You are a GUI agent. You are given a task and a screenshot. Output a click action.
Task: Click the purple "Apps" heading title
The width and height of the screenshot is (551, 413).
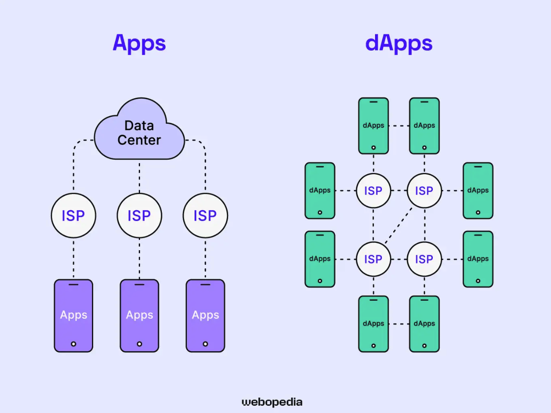click(139, 43)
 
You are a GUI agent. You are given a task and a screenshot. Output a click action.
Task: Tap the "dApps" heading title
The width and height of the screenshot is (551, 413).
click(399, 43)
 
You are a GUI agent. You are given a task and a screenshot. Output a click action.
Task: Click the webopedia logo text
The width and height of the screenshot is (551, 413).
click(272, 402)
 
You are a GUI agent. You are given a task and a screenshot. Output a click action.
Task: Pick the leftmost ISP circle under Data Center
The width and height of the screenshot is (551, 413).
click(73, 216)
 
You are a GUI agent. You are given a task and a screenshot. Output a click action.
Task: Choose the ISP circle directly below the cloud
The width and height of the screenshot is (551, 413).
click(139, 216)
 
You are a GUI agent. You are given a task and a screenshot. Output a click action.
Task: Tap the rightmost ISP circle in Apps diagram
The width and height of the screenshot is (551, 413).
click(205, 216)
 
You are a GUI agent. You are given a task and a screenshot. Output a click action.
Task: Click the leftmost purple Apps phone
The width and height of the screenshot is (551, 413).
click(73, 315)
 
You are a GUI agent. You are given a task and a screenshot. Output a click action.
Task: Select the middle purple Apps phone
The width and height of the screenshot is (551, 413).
click(139, 315)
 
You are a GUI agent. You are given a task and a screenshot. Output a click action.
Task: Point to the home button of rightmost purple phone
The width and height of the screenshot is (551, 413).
click(205, 344)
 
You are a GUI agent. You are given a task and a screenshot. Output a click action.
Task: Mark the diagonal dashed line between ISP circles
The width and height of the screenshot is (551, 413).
click(399, 225)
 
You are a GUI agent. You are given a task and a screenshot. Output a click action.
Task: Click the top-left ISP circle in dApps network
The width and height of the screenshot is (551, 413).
click(373, 191)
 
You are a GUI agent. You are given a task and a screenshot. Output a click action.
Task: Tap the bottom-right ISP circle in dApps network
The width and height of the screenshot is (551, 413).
click(424, 259)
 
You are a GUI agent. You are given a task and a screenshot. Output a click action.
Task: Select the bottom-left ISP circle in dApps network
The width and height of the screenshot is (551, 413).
click(373, 259)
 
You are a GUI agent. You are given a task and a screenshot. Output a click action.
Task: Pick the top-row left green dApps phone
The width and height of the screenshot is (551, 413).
click(373, 126)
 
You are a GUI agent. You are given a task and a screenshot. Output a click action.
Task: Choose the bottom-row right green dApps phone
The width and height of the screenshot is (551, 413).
click(424, 324)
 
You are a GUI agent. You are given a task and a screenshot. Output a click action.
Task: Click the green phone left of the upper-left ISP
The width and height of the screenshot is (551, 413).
click(320, 191)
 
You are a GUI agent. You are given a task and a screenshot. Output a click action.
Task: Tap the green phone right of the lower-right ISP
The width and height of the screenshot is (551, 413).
click(478, 259)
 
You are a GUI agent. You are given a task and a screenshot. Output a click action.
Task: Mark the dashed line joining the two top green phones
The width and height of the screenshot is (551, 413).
click(399, 126)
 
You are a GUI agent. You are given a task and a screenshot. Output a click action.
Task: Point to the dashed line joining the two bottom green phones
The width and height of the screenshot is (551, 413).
click(399, 324)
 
